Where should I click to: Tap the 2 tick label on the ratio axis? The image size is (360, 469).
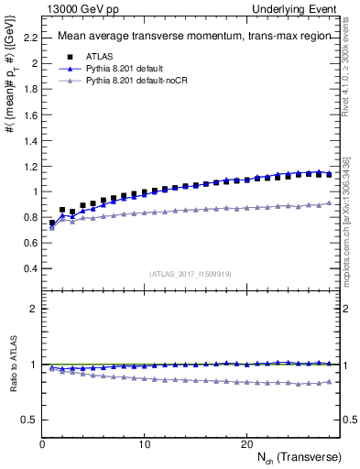point(32,309)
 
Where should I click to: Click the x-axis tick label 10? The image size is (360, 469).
point(144,443)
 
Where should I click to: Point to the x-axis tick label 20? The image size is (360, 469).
point(246,443)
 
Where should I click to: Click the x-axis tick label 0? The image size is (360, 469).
point(42,443)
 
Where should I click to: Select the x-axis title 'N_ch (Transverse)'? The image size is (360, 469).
point(300,456)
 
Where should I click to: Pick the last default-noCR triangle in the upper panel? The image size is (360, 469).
point(330,202)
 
